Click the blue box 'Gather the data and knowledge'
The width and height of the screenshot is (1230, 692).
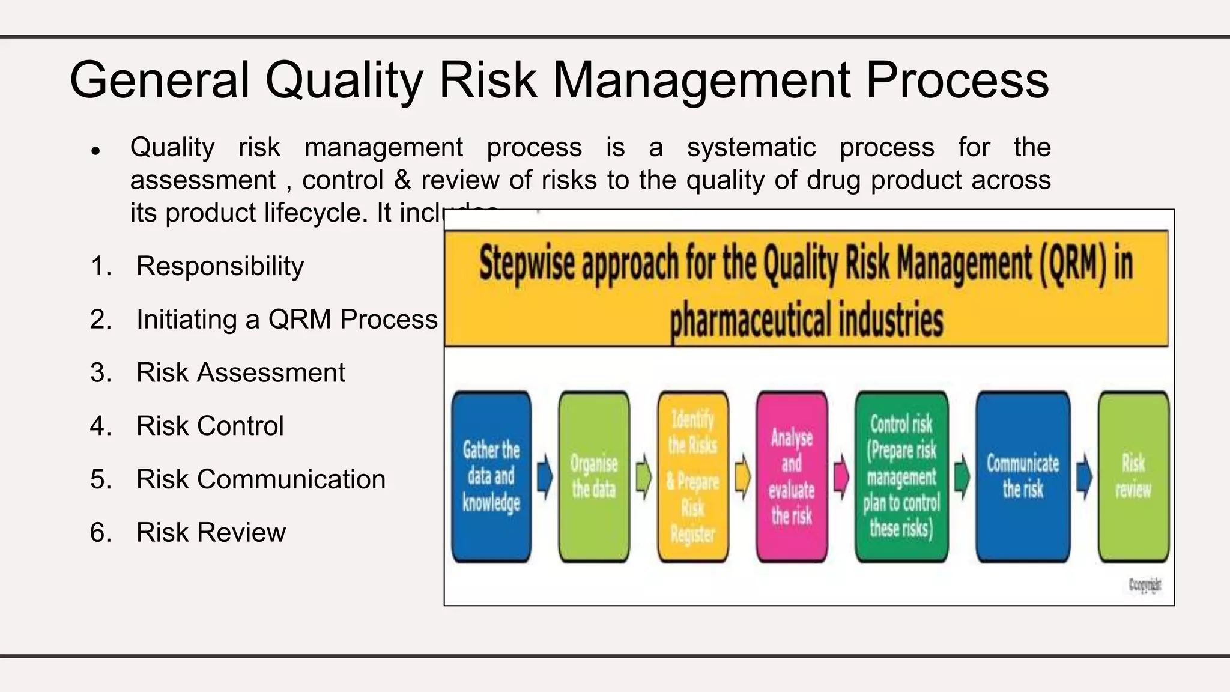coord(491,476)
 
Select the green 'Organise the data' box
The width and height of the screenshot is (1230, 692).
coord(594,476)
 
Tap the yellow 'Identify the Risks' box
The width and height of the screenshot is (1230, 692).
coord(692,476)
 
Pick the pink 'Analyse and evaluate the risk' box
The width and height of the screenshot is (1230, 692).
coord(792,476)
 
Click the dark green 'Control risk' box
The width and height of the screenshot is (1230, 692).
coord(901,476)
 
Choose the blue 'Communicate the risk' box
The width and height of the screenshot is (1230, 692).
coord(1023,476)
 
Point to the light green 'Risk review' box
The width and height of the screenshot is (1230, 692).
coord(1133,476)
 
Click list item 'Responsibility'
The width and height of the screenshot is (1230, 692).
coord(220,266)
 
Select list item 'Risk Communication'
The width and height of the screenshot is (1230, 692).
coord(261,479)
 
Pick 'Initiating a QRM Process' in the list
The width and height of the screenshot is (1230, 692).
coord(286,320)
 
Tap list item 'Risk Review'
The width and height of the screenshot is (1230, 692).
coord(211,533)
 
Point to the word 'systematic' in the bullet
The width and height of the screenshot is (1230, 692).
coord(751,148)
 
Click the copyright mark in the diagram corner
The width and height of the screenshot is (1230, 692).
coord(1144,585)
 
